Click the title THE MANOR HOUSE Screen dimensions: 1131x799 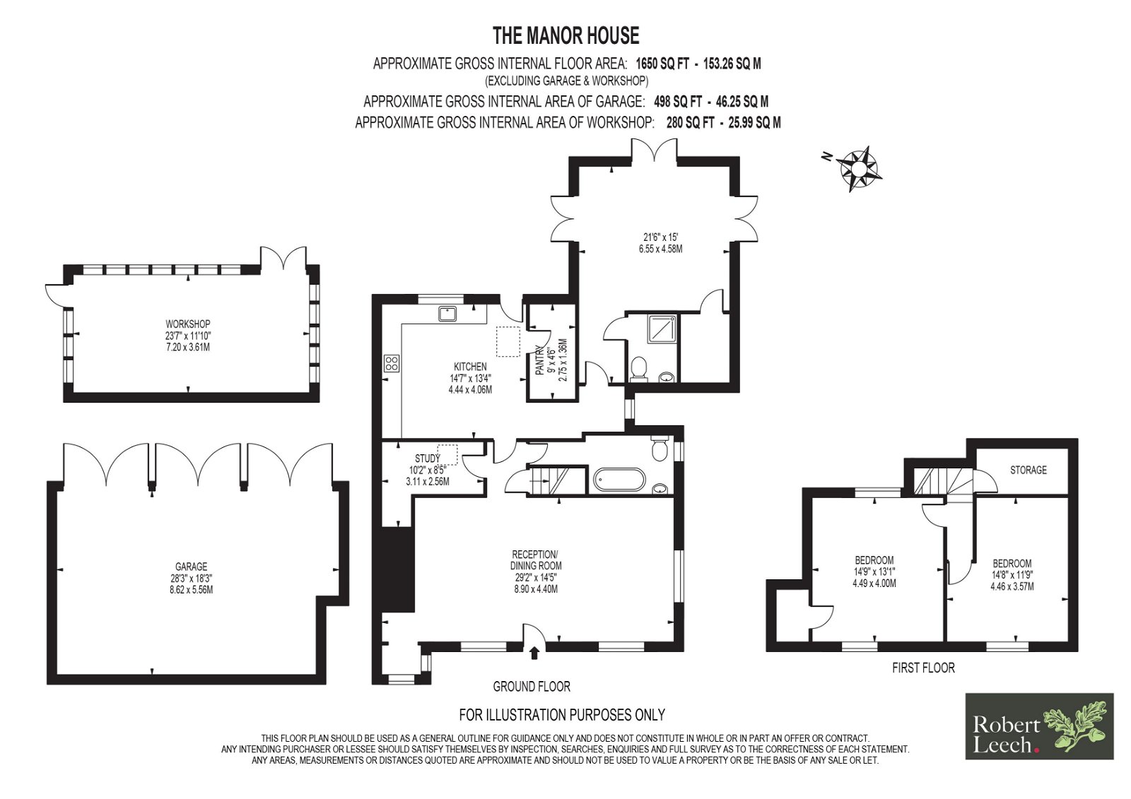[566, 36]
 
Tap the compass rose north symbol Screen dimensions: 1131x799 [859, 167]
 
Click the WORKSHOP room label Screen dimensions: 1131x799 [188, 324]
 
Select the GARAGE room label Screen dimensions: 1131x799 [192, 567]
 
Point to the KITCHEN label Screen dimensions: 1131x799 [470, 367]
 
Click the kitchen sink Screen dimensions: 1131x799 [447, 314]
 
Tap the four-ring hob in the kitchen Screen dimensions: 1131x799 [392, 363]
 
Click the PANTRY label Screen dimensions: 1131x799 [539, 360]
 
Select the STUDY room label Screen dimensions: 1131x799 [427, 458]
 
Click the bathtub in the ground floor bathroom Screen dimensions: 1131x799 [619, 480]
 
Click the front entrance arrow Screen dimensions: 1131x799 [535, 653]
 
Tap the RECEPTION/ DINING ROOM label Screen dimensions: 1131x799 [536, 560]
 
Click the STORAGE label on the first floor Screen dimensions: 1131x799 [1029, 470]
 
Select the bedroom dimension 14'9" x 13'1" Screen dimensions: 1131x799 [874, 572]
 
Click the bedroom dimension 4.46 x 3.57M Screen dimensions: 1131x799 [1012, 586]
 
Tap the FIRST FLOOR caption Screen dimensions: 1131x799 [923, 668]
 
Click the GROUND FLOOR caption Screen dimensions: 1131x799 [532, 687]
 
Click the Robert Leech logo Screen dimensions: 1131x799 [1040, 726]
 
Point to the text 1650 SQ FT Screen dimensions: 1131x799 [662, 64]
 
